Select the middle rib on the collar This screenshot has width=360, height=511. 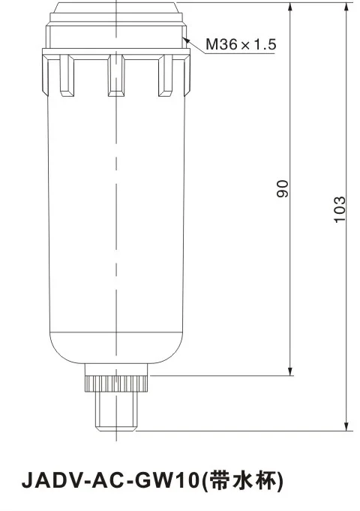pyautogui.click(x=115, y=74)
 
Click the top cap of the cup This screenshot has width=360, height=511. pyautogui.click(x=116, y=11)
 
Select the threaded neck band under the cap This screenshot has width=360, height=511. pyautogui.click(x=116, y=38)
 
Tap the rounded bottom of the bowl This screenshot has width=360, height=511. pyautogui.click(x=116, y=353)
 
